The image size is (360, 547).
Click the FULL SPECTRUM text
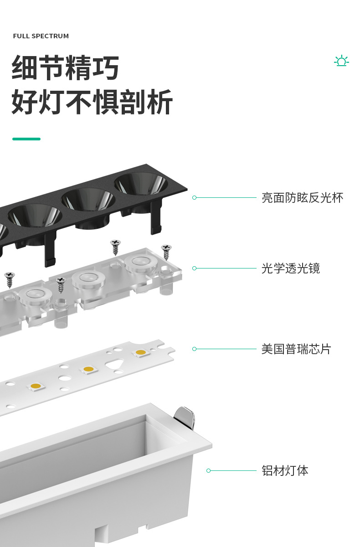pyautogui.click(x=41, y=36)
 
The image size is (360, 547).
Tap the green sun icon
pyautogui.click(x=341, y=61)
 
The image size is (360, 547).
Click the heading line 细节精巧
pyautogui.click(x=66, y=68)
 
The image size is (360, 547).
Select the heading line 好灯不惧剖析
pyautogui.click(x=92, y=103)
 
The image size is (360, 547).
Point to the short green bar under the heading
pyautogui.click(x=26, y=139)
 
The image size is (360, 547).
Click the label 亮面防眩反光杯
pyautogui.click(x=302, y=198)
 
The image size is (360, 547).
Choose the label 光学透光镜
pyautogui.click(x=291, y=268)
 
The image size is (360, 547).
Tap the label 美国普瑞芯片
pyautogui.click(x=296, y=349)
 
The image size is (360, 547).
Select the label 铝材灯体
pyautogui.click(x=285, y=470)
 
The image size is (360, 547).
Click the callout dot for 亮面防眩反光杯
pyautogui.click(x=195, y=198)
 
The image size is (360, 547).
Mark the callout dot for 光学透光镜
pyautogui.click(x=195, y=268)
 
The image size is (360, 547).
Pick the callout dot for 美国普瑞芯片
pyautogui.click(x=195, y=349)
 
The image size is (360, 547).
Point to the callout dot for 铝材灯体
pyautogui.click(x=208, y=470)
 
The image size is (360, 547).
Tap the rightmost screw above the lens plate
pyautogui.click(x=166, y=251)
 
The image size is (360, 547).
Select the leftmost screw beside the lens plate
pyautogui.click(x=9, y=279)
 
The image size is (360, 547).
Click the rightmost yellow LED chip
pyautogui.click(x=141, y=352)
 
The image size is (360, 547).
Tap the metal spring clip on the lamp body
pyautogui.click(x=185, y=417)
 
